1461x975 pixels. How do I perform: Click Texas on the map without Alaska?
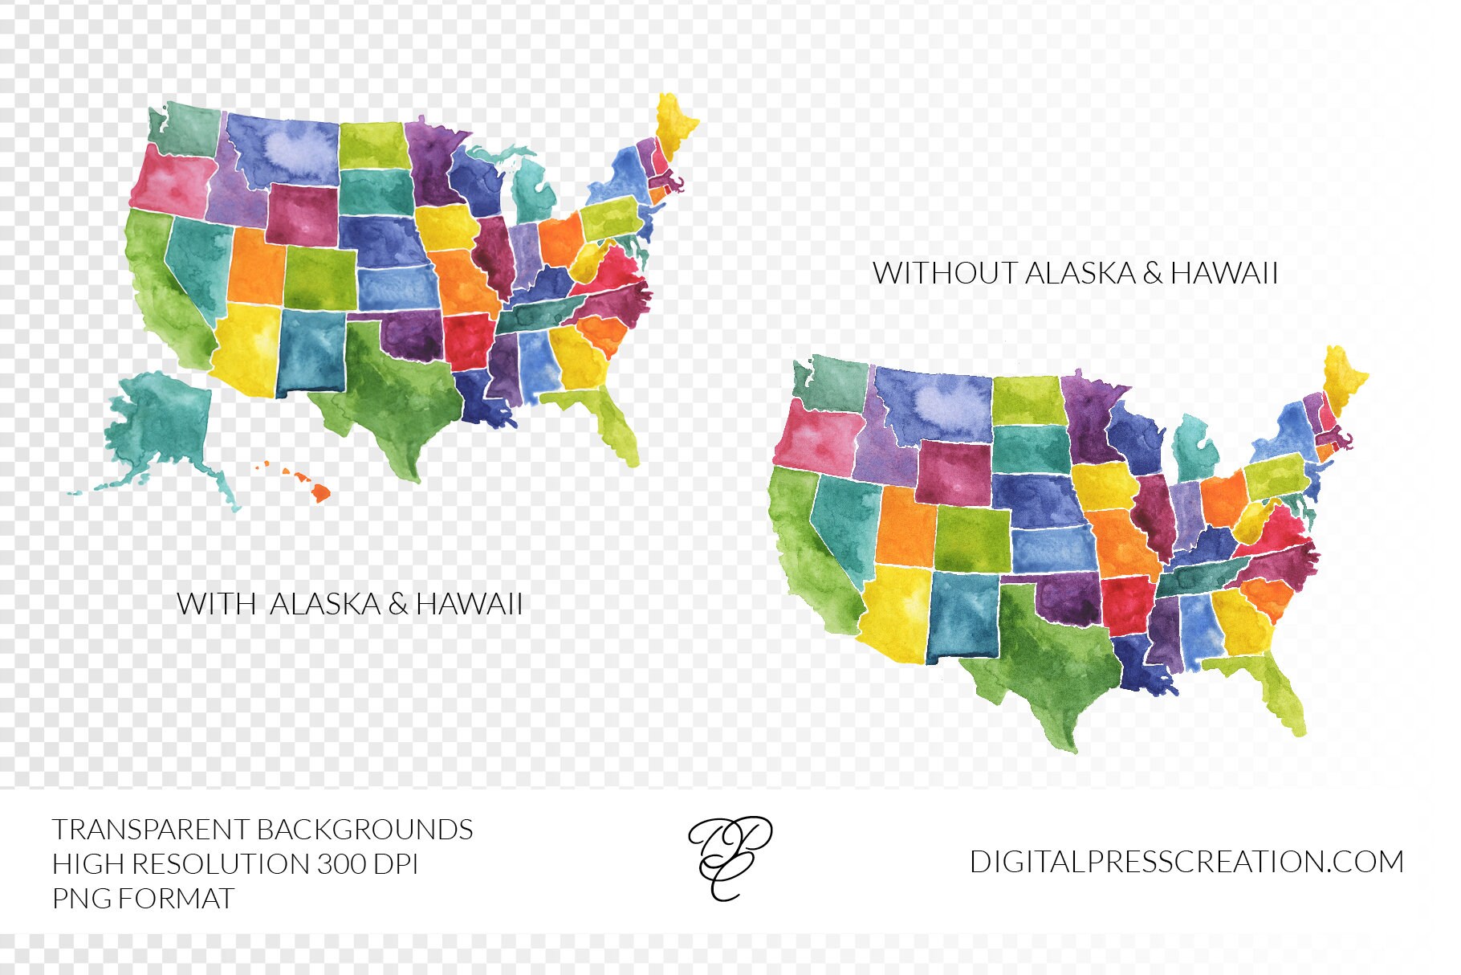1044,659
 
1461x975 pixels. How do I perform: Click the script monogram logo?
729,858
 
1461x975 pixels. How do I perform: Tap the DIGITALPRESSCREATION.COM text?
1186,862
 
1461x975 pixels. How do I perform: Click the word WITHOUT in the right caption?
944,273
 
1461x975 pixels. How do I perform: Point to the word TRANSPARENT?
150,830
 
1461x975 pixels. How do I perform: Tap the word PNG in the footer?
82,898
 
